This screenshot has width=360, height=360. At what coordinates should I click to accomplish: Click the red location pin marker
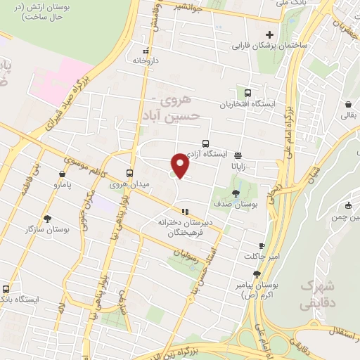point(181,165)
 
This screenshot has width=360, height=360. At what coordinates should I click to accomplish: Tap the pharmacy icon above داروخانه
point(146,51)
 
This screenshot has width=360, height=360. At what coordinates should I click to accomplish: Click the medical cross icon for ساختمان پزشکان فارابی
point(269,34)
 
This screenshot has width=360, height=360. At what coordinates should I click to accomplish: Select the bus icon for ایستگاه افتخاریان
point(247,93)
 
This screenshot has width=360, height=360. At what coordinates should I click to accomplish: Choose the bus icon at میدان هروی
point(129,173)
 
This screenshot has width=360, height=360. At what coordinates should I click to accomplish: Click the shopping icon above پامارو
point(63,174)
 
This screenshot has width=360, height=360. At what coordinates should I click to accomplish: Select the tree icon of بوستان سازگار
point(47,219)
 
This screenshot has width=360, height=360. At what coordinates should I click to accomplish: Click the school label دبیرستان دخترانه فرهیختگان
point(180,226)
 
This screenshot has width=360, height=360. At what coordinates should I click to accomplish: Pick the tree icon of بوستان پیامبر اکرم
point(257,274)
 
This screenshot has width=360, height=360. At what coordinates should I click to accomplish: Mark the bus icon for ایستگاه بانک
point(6,288)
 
